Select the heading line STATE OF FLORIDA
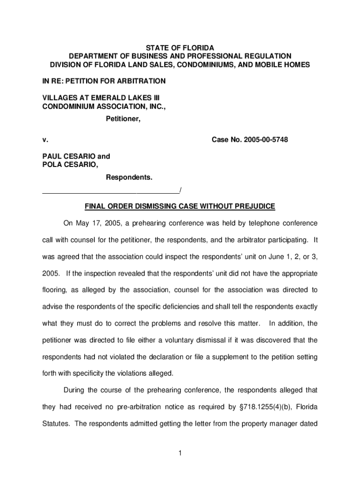[180, 48]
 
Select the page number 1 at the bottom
[180, 452]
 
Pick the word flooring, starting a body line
[55, 290]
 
